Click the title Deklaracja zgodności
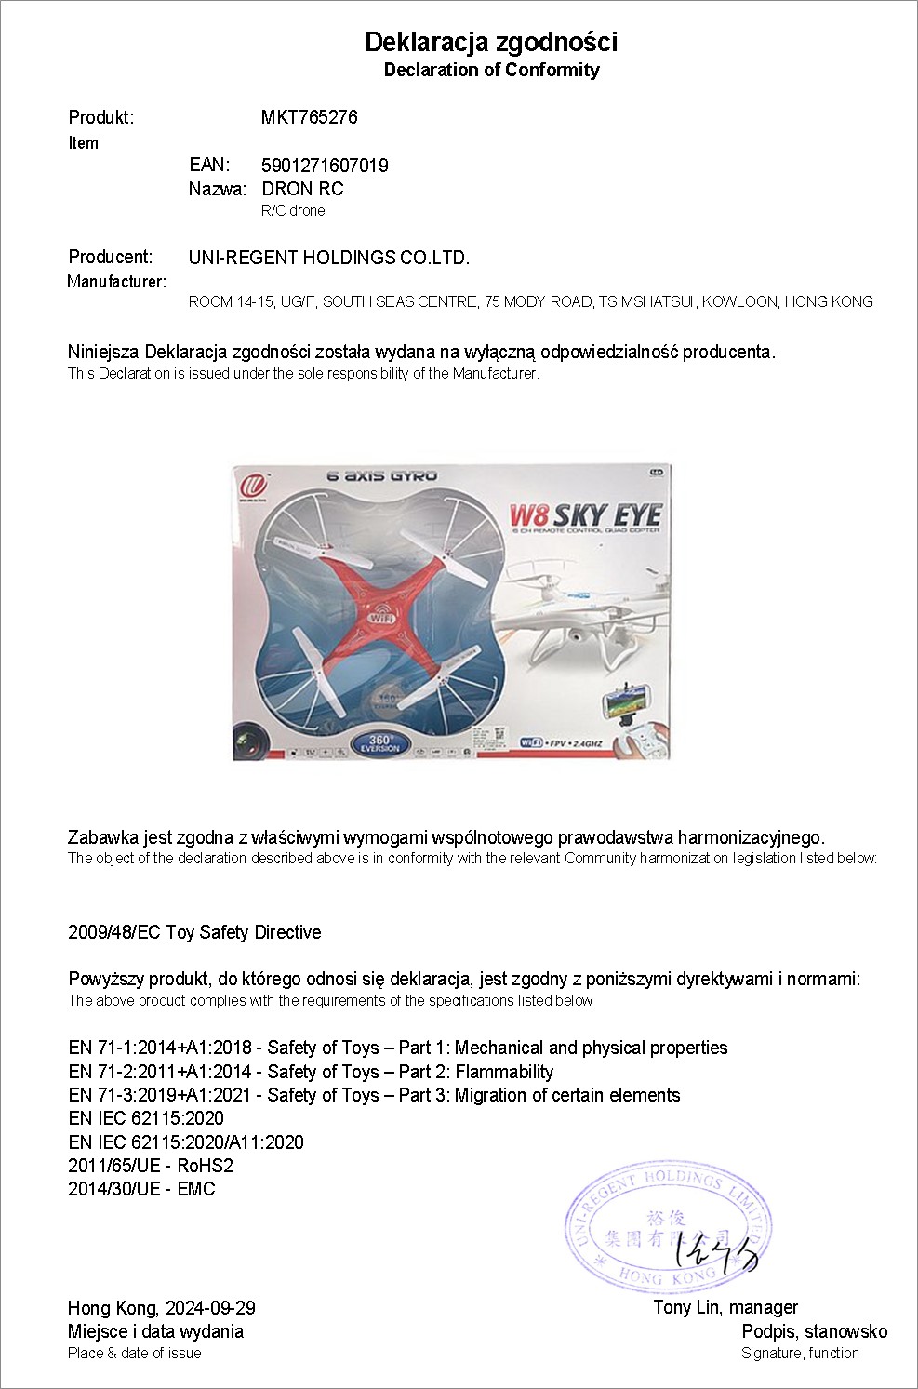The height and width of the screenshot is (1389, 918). click(491, 42)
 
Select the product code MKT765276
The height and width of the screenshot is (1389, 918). click(309, 117)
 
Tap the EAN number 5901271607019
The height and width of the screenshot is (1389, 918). click(325, 166)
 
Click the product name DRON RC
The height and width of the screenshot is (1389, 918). click(302, 189)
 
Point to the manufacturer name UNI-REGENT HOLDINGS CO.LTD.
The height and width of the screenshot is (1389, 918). click(329, 258)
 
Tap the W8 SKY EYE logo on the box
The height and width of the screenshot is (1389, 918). click(585, 515)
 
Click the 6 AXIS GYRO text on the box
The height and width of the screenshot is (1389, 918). click(381, 476)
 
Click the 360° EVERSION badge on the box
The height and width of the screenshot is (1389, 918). click(379, 742)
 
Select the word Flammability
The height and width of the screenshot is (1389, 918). click(504, 1072)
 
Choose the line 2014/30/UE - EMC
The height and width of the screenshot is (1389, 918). click(141, 1189)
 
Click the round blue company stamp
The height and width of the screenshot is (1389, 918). click(670, 1225)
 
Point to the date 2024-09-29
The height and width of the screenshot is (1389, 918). click(211, 1308)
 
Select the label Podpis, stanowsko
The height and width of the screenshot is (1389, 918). click(814, 1331)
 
